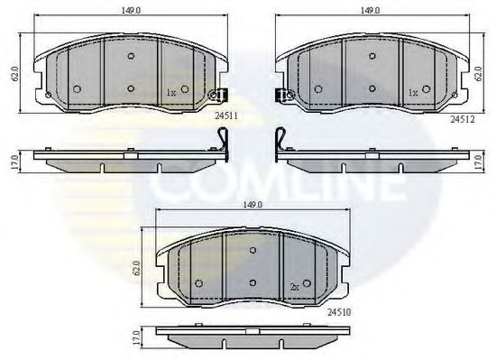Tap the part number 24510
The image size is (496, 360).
point(338,310)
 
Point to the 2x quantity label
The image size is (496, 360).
point(294,286)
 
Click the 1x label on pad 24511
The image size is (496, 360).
point(171,92)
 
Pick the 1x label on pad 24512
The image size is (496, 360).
point(412,92)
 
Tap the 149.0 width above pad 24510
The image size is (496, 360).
point(251,205)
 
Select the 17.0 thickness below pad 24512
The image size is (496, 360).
point(478,162)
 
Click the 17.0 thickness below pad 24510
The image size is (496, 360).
point(138,337)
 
